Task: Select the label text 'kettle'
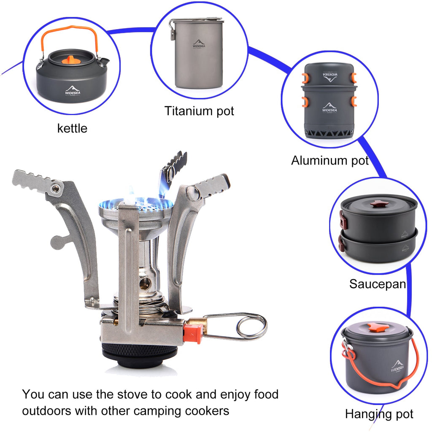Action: (72, 128)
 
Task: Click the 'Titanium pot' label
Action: (199, 111)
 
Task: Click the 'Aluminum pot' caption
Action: (329, 160)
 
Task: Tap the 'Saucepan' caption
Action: (377, 284)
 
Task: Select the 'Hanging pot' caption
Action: (379, 414)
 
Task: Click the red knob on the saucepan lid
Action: (379, 204)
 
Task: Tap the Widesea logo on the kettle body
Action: (74, 90)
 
